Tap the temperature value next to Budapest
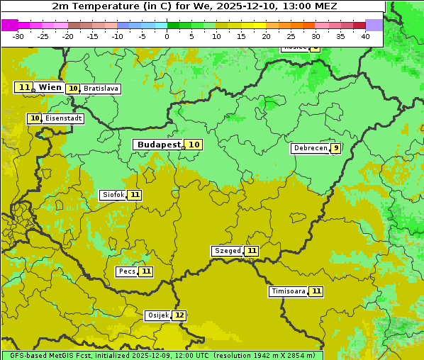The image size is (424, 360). pyautogui.click(x=194, y=145)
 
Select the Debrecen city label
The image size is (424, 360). pyautogui.click(x=310, y=148)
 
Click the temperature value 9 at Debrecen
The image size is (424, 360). pyautogui.click(x=335, y=148)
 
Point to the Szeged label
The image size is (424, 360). pyautogui.click(x=227, y=251)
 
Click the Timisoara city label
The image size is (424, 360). pyautogui.click(x=288, y=291)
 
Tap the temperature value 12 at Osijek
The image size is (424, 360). pyautogui.click(x=179, y=315)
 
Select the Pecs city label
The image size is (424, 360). pyautogui.click(x=127, y=271)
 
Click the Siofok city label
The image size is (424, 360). pyautogui.click(x=112, y=195)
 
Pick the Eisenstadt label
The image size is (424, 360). pyautogui.click(x=63, y=118)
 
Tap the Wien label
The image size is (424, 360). pyautogui.click(x=50, y=87)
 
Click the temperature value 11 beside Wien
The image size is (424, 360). pyautogui.click(x=24, y=87)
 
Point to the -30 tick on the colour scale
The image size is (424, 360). pyautogui.click(x=18, y=36)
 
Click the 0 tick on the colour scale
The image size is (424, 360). pyautogui.click(x=167, y=36)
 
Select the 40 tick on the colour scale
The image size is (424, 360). pyautogui.click(x=365, y=36)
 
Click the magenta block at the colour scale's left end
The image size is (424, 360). pyautogui.click(x=9, y=25)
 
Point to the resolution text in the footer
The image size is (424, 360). pyautogui.click(x=264, y=355)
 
